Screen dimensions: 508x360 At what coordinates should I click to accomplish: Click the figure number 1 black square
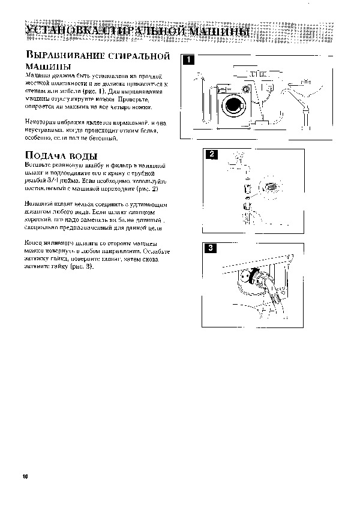[188, 59]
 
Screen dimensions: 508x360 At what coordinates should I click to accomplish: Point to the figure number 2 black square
[211, 155]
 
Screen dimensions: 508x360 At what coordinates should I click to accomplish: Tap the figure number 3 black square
[211, 248]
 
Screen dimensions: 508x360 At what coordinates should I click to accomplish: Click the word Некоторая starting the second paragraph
[41, 122]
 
